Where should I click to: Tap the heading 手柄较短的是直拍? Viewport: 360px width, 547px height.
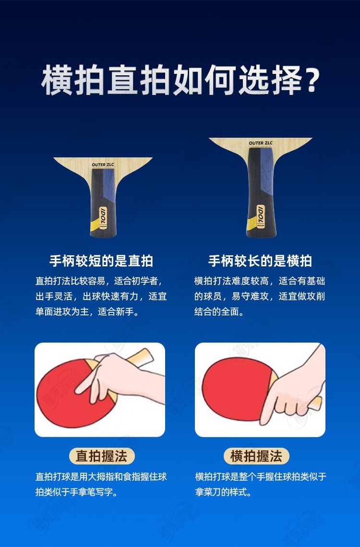pos(101,261)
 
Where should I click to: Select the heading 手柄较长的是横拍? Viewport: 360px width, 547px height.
pos(260,261)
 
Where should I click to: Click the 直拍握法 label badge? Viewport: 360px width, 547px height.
pos(101,456)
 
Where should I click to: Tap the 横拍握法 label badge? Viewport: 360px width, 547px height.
pos(256,456)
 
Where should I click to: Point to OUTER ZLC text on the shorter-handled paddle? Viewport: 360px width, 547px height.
pos(103,165)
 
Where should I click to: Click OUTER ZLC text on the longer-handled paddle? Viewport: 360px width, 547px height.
pos(261,143)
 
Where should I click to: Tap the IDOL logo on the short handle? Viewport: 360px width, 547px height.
pos(103,216)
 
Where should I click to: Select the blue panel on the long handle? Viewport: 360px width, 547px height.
pos(267,167)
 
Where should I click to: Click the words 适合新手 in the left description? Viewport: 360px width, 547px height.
pos(116,311)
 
